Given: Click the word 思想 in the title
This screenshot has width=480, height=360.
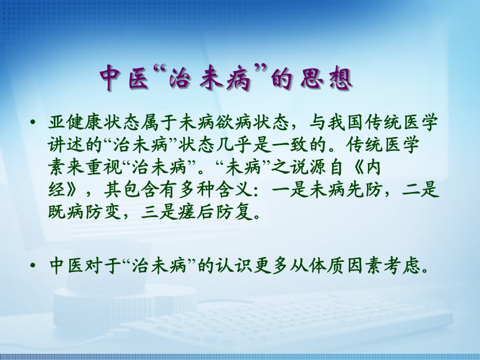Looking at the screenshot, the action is pos(326,78).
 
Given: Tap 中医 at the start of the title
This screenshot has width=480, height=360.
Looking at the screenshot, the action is pos(125,78).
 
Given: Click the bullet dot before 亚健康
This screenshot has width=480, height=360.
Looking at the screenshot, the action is pos(33,123).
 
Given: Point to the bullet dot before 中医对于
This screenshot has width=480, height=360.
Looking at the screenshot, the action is pos(33,266).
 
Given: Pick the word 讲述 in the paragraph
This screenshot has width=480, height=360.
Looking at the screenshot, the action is pos(67,145).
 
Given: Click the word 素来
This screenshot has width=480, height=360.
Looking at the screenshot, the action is pos(67,167).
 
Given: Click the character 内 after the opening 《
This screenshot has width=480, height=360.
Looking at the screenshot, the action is pos(373,167).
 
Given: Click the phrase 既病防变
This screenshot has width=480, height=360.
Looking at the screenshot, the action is pos(85,212).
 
